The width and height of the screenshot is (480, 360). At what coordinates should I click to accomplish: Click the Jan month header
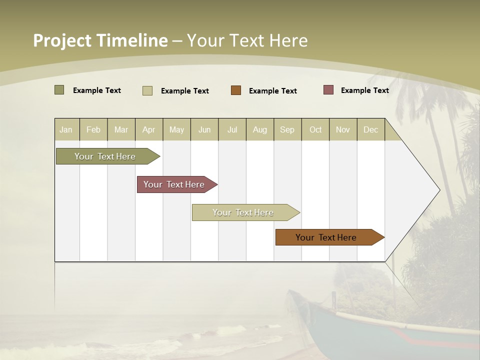click(66, 129)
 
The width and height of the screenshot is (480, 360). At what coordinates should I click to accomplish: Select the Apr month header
click(148, 129)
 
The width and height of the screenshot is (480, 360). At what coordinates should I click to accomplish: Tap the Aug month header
click(259, 129)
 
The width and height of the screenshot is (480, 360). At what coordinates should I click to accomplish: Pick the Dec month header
click(370, 129)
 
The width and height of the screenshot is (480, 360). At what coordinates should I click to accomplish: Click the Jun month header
click(204, 129)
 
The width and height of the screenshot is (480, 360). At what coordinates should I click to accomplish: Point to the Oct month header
click(315, 129)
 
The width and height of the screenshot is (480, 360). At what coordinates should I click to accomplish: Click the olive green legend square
click(59, 90)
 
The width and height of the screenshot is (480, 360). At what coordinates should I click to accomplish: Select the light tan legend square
click(147, 90)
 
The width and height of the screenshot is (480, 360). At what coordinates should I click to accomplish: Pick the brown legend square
click(236, 90)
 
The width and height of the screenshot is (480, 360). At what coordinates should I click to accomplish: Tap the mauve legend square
click(328, 90)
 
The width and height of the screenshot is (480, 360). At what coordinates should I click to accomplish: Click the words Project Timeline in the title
click(100, 40)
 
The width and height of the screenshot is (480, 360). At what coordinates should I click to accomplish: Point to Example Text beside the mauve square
click(364, 90)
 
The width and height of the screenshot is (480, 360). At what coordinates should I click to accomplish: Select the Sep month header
click(287, 129)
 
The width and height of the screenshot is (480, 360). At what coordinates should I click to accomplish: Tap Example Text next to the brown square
click(272, 91)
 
